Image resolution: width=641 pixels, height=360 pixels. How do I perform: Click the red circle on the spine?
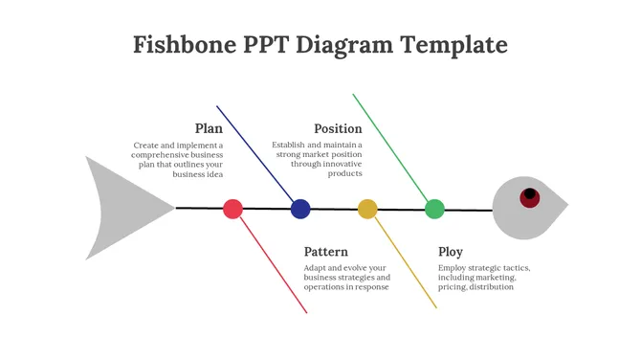(x=232, y=209)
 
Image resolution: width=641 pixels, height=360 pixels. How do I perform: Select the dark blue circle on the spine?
(x=300, y=209)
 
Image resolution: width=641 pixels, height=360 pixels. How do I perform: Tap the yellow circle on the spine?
(x=367, y=209)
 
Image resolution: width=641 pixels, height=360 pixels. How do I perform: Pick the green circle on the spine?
(x=434, y=209)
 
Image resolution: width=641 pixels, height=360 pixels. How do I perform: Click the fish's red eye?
(x=529, y=197)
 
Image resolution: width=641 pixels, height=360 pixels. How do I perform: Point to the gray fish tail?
(x=120, y=207)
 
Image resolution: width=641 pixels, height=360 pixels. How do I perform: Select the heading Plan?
(x=209, y=128)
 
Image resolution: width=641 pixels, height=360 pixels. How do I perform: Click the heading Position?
(x=338, y=128)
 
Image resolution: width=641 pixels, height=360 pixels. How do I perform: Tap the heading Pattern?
(x=325, y=252)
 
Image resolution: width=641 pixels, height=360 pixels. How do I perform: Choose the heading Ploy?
(x=451, y=252)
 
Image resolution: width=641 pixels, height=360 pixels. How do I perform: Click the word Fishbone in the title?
(x=183, y=44)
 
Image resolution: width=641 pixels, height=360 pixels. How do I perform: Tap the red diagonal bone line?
(x=272, y=263)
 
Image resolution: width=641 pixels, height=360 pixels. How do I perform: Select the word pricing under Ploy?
(x=454, y=287)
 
